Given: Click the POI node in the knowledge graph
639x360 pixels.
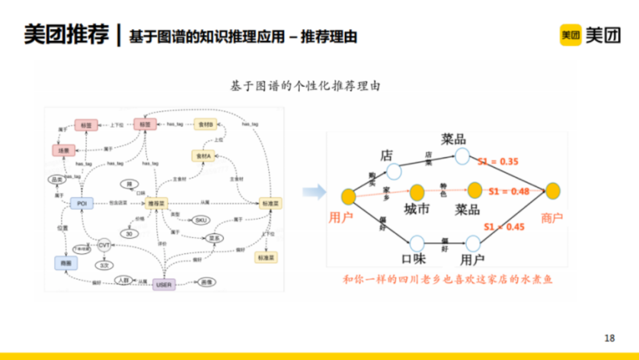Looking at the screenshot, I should click(82, 203).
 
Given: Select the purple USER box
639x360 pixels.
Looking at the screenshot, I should click(163, 285).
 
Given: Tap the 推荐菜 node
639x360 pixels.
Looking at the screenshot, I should click(156, 203).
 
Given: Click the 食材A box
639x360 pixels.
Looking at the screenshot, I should click(204, 156).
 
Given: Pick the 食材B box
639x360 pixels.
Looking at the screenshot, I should click(205, 124).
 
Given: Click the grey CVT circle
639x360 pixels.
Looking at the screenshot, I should click(104, 245).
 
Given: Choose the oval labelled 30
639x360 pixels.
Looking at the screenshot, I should click(130, 233).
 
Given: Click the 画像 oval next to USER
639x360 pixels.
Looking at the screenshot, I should click(205, 282).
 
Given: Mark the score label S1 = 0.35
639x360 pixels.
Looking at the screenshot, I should click(498, 161).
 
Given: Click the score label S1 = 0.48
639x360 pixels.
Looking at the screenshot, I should click(509, 191).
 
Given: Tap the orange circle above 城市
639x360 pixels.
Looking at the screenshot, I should click(417, 192).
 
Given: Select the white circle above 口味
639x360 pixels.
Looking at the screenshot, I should click(417, 243).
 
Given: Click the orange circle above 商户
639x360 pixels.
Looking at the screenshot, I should click(553, 191).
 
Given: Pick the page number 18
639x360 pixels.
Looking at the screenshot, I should click(609, 338).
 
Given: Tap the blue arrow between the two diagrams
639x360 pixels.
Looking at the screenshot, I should click(314, 191).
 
